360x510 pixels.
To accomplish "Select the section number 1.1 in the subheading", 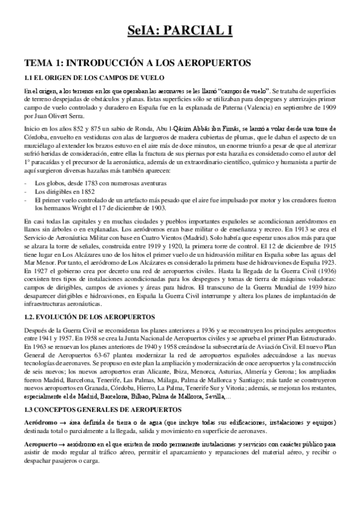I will click(28, 76).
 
